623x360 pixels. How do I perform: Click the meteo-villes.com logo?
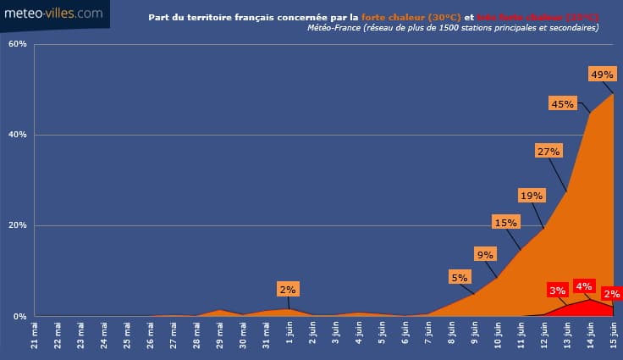54,14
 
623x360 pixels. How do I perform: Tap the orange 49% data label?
602,75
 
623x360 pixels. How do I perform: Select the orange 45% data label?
562,104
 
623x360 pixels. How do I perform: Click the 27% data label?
549,151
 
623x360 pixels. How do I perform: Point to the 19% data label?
532,196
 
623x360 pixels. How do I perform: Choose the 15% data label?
505,223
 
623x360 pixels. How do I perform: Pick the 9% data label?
485,254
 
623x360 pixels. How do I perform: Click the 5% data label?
460,277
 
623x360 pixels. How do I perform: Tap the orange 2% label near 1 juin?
288,290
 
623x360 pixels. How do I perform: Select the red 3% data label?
557,291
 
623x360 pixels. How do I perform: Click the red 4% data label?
583,285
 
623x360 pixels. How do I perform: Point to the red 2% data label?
612,294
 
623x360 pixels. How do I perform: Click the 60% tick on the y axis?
17,44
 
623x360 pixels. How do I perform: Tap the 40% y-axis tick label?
17,135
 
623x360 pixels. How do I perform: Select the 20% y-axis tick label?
17,226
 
